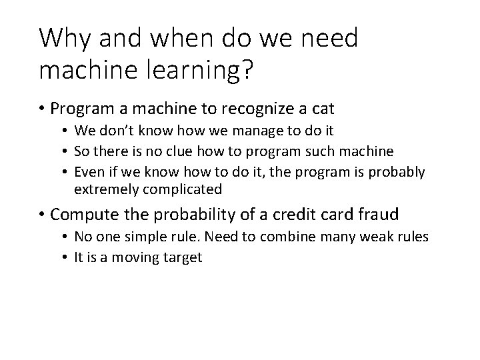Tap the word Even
pyautogui.click(x=89, y=173)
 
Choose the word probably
pyautogui.click(x=400, y=173)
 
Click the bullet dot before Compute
pyautogui.click(x=42, y=215)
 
